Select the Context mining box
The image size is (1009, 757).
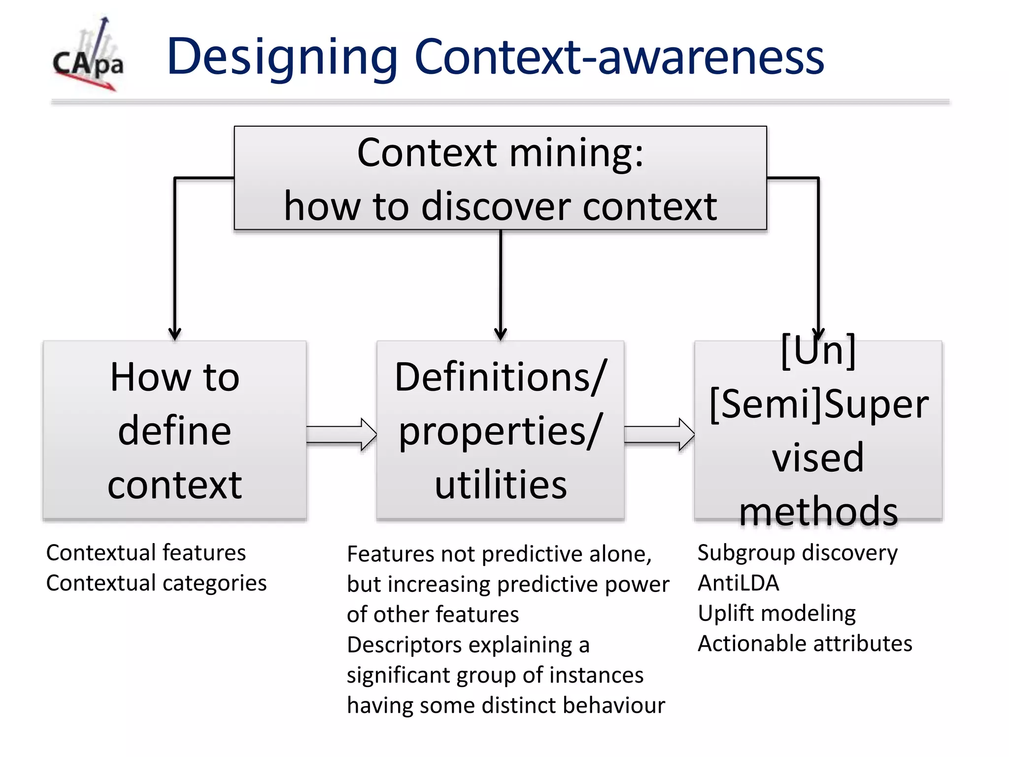(500, 178)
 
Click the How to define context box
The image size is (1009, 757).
(174, 430)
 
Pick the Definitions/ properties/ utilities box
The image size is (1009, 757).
(500, 430)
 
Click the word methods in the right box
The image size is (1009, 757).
(818, 511)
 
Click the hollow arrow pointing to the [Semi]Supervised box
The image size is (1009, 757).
(659, 434)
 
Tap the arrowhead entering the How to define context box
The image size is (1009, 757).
(174, 334)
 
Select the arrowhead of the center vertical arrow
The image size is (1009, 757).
(501, 334)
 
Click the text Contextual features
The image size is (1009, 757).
(146, 552)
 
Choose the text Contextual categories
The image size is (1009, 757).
(156, 583)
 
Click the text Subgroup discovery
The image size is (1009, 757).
(797, 553)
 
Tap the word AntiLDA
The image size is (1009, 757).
(738, 583)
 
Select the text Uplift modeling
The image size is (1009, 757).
(776, 614)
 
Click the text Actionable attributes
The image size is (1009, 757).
(805, 644)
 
